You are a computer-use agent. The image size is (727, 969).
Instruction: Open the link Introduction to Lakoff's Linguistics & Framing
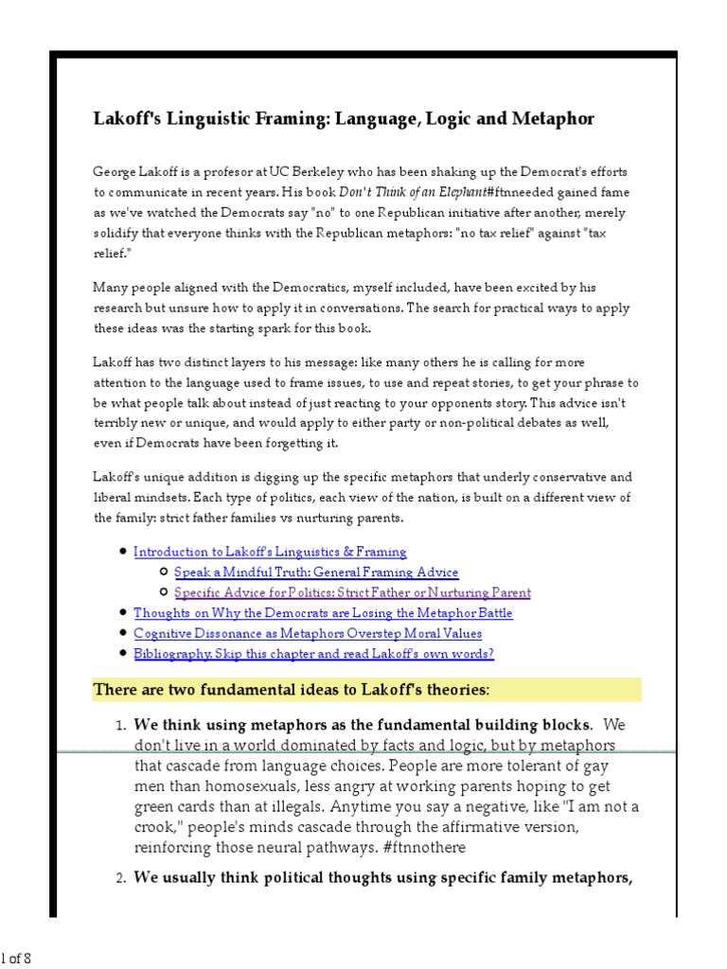(x=270, y=552)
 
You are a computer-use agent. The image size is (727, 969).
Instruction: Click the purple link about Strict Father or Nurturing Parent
(x=352, y=593)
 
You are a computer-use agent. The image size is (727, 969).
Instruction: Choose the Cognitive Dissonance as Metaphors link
(x=308, y=634)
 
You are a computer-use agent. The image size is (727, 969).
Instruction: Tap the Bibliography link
(x=313, y=654)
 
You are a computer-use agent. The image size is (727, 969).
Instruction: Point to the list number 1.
(x=120, y=726)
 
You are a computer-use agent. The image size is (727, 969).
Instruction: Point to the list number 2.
(x=120, y=879)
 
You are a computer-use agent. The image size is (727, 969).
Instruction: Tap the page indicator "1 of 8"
(x=16, y=958)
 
